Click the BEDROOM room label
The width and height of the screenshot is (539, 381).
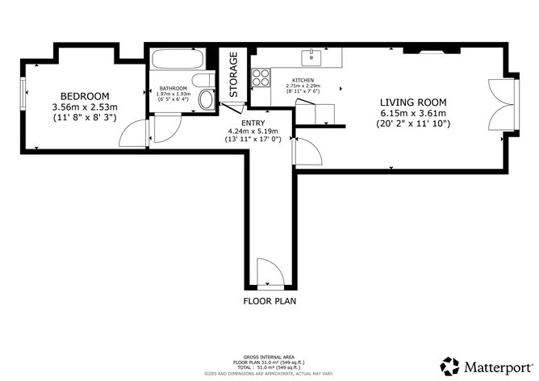pyautogui.click(x=85, y=96)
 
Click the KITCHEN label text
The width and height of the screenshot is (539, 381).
pyautogui.click(x=303, y=80)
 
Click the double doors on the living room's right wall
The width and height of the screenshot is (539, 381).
pyautogui.click(x=501, y=105)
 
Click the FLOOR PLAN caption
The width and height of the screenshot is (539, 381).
pyautogui.click(x=269, y=302)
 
